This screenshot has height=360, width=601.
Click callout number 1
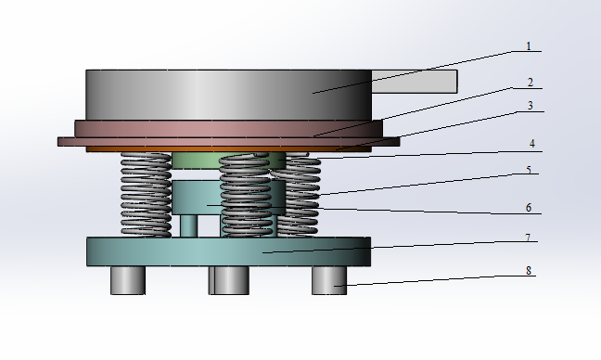[529, 46]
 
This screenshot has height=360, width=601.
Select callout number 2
[531, 83]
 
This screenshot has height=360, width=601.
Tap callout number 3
[531, 106]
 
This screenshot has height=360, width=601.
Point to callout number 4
[532, 144]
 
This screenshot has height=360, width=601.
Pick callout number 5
[529, 170]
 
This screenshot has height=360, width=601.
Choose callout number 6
[529, 208]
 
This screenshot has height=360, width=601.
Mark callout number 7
[528, 238]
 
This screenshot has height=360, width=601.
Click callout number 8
[529, 271]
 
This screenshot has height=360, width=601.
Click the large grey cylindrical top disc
[228, 95]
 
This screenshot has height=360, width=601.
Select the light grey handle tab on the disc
[415, 82]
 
